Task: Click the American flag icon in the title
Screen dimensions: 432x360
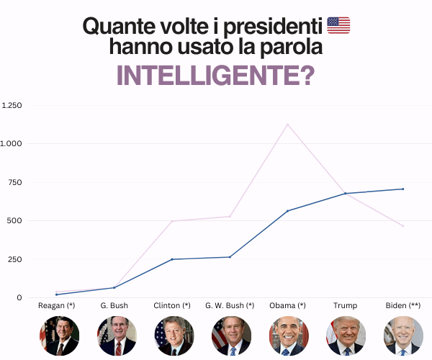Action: point(338,25)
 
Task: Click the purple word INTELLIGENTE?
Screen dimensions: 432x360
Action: point(216,76)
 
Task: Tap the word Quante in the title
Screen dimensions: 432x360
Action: point(119,26)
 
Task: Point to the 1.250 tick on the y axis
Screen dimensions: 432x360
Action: point(12,105)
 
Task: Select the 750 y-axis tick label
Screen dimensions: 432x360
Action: point(15,182)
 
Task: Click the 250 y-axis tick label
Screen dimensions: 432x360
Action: point(15,259)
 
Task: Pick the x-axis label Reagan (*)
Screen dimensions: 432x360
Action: point(56,305)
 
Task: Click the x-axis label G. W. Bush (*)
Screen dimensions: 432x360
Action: point(230,305)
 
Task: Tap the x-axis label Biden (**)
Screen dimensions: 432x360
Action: point(403,305)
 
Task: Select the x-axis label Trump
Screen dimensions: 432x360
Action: point(345,305)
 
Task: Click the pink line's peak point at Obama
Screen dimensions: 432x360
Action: point(287,125)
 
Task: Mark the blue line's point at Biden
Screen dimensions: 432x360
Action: point(403,189)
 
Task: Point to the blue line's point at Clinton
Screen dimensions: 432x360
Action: point(172,259)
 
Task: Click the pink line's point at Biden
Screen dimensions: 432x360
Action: point(403,226)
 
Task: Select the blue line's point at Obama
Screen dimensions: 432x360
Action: point(287,211)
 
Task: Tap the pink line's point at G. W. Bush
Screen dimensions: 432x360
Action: point(230,216)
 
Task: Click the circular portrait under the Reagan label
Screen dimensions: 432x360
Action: point(60,336)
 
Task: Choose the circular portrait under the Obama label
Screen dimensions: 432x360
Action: point(289,336)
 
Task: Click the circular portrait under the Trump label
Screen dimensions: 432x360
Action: point(346,336)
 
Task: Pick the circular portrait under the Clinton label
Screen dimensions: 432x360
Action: point(174,336)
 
